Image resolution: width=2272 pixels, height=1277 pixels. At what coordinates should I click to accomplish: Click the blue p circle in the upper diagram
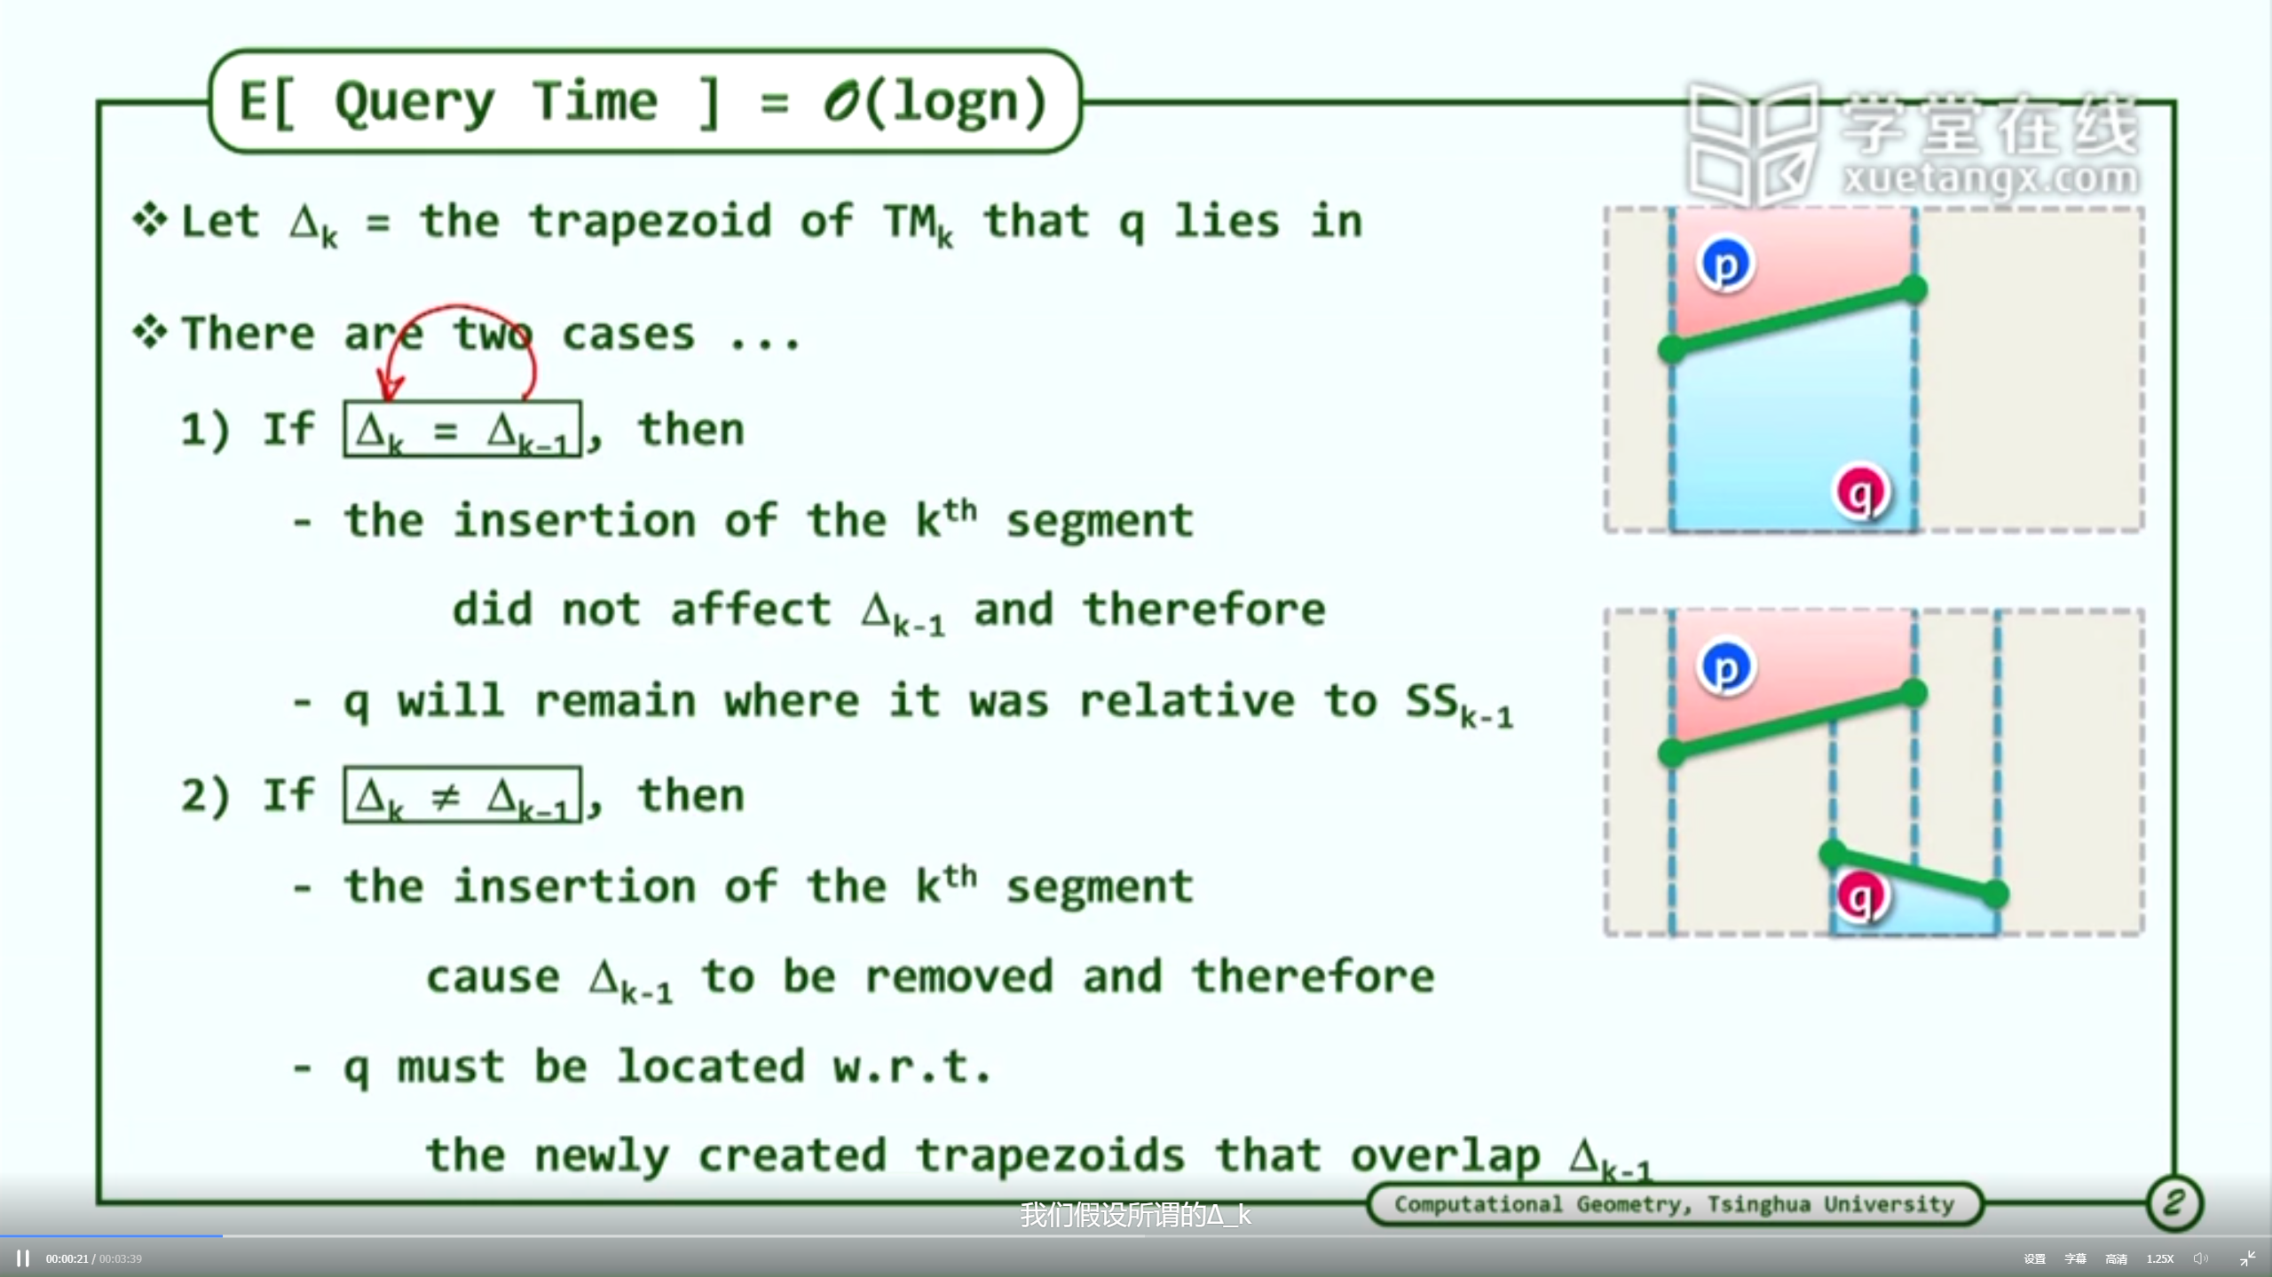pos(1724,264)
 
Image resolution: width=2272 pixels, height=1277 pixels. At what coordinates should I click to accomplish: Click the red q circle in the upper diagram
pos(1861,492)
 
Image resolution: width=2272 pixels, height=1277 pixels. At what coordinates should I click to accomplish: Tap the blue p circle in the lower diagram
pos(1724,667)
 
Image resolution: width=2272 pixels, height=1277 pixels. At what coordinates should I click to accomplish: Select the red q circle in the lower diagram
pos(1861,896)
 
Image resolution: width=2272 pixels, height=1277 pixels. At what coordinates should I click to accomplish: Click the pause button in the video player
pos(23,1258)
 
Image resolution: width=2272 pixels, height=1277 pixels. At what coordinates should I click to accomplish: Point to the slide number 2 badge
pos(2173,1203)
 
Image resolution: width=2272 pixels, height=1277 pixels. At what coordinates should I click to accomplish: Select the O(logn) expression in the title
pos(935,103)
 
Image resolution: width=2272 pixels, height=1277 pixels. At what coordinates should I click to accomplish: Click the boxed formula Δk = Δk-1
pos(462,430)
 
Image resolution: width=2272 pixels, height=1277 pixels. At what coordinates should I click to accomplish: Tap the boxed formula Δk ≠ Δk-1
pos(462,795)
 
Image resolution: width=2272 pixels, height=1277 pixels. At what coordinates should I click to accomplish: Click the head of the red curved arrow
pos(389,388)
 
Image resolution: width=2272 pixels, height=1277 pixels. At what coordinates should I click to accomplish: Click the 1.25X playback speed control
pos(2159,1258)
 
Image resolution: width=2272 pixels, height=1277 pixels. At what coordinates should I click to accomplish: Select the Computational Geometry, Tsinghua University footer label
pos(1674,1204)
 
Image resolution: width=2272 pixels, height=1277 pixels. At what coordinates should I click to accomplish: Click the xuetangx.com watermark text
pos(1990,177)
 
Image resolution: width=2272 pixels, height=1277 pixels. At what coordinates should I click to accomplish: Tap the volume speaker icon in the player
pos(2200,1258)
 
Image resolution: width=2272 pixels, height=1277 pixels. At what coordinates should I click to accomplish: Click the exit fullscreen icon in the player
pos(2247,1258)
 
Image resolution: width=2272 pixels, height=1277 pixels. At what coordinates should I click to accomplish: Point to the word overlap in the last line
pos(1445,1156)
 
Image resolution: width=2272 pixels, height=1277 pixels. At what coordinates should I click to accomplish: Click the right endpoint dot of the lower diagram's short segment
pos(1994,894)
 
